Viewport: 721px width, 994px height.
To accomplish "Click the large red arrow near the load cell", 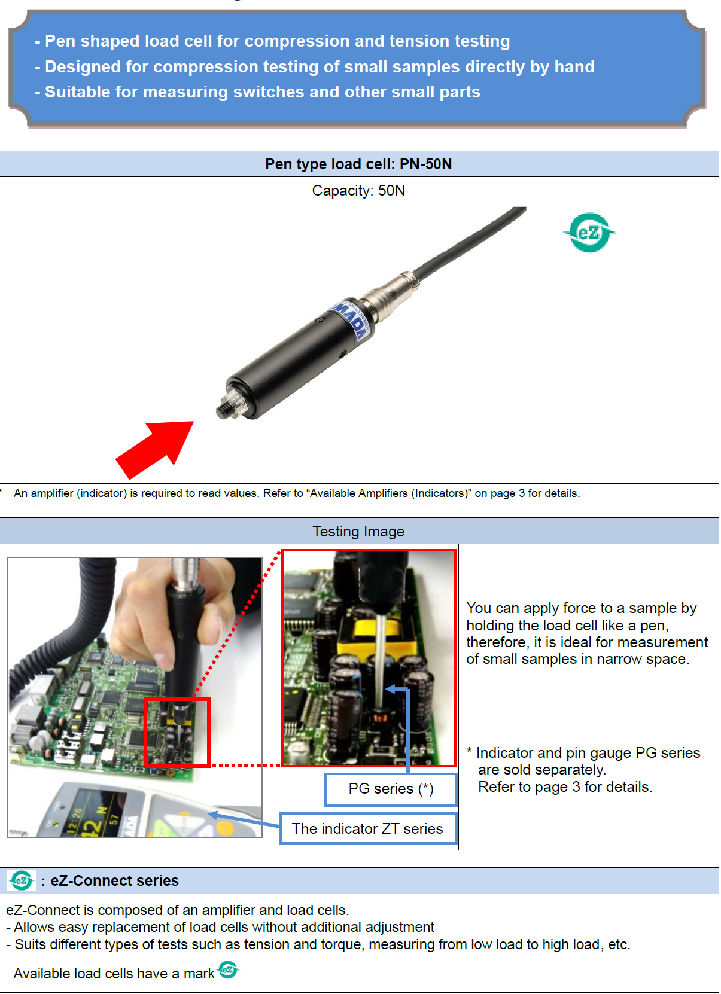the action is pyautogui.click(x=156, y=449).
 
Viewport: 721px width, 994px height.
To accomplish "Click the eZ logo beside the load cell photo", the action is pyautogui.click(x=589, y=232).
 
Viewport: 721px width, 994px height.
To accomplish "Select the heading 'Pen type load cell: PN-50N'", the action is pyautogui.click(x=358, y=164).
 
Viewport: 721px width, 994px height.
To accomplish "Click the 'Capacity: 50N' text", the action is pyautogui.click(x=358, y=190).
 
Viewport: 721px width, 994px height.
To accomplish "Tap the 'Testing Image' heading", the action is pyautogui.click(x=358, y=531).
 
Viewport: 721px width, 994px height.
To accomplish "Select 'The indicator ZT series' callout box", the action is pyautogui.click(x=367, y=828).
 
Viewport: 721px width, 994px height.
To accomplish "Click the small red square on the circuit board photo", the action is pyautogui.click(x=177, y=732).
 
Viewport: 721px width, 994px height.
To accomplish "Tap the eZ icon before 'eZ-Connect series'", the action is pyautogui.click(x=22, y=880).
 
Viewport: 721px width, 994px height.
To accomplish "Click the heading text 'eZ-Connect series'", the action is pyautogui.click(x=114, y=880).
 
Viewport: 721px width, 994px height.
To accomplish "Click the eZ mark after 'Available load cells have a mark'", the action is pyautogui.click(x=228, y=969).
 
